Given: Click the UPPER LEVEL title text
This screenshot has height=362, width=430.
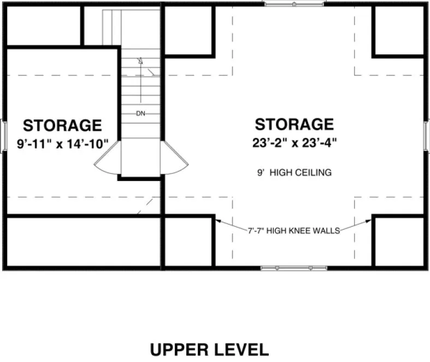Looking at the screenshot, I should (209, 349).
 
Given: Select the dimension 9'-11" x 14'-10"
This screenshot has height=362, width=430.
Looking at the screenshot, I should (63, 143).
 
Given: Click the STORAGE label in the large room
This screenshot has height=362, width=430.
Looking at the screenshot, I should (294, 124).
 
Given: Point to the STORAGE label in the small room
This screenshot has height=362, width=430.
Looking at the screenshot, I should (62, 125).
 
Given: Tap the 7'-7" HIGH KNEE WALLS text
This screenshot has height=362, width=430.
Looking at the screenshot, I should (294, 231).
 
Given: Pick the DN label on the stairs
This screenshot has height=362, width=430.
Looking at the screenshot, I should (140, 114).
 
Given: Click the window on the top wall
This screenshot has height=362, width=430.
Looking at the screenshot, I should (294, 4).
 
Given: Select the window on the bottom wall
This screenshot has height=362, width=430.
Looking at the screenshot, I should (294, 268).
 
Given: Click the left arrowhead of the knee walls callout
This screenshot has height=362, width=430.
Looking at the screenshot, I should (217, 220).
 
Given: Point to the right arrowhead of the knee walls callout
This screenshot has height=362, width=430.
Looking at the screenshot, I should (371, 220).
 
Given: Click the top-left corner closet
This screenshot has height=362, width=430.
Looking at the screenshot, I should (43, 26).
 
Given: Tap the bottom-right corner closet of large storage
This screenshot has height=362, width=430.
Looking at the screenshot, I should (399, 242).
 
